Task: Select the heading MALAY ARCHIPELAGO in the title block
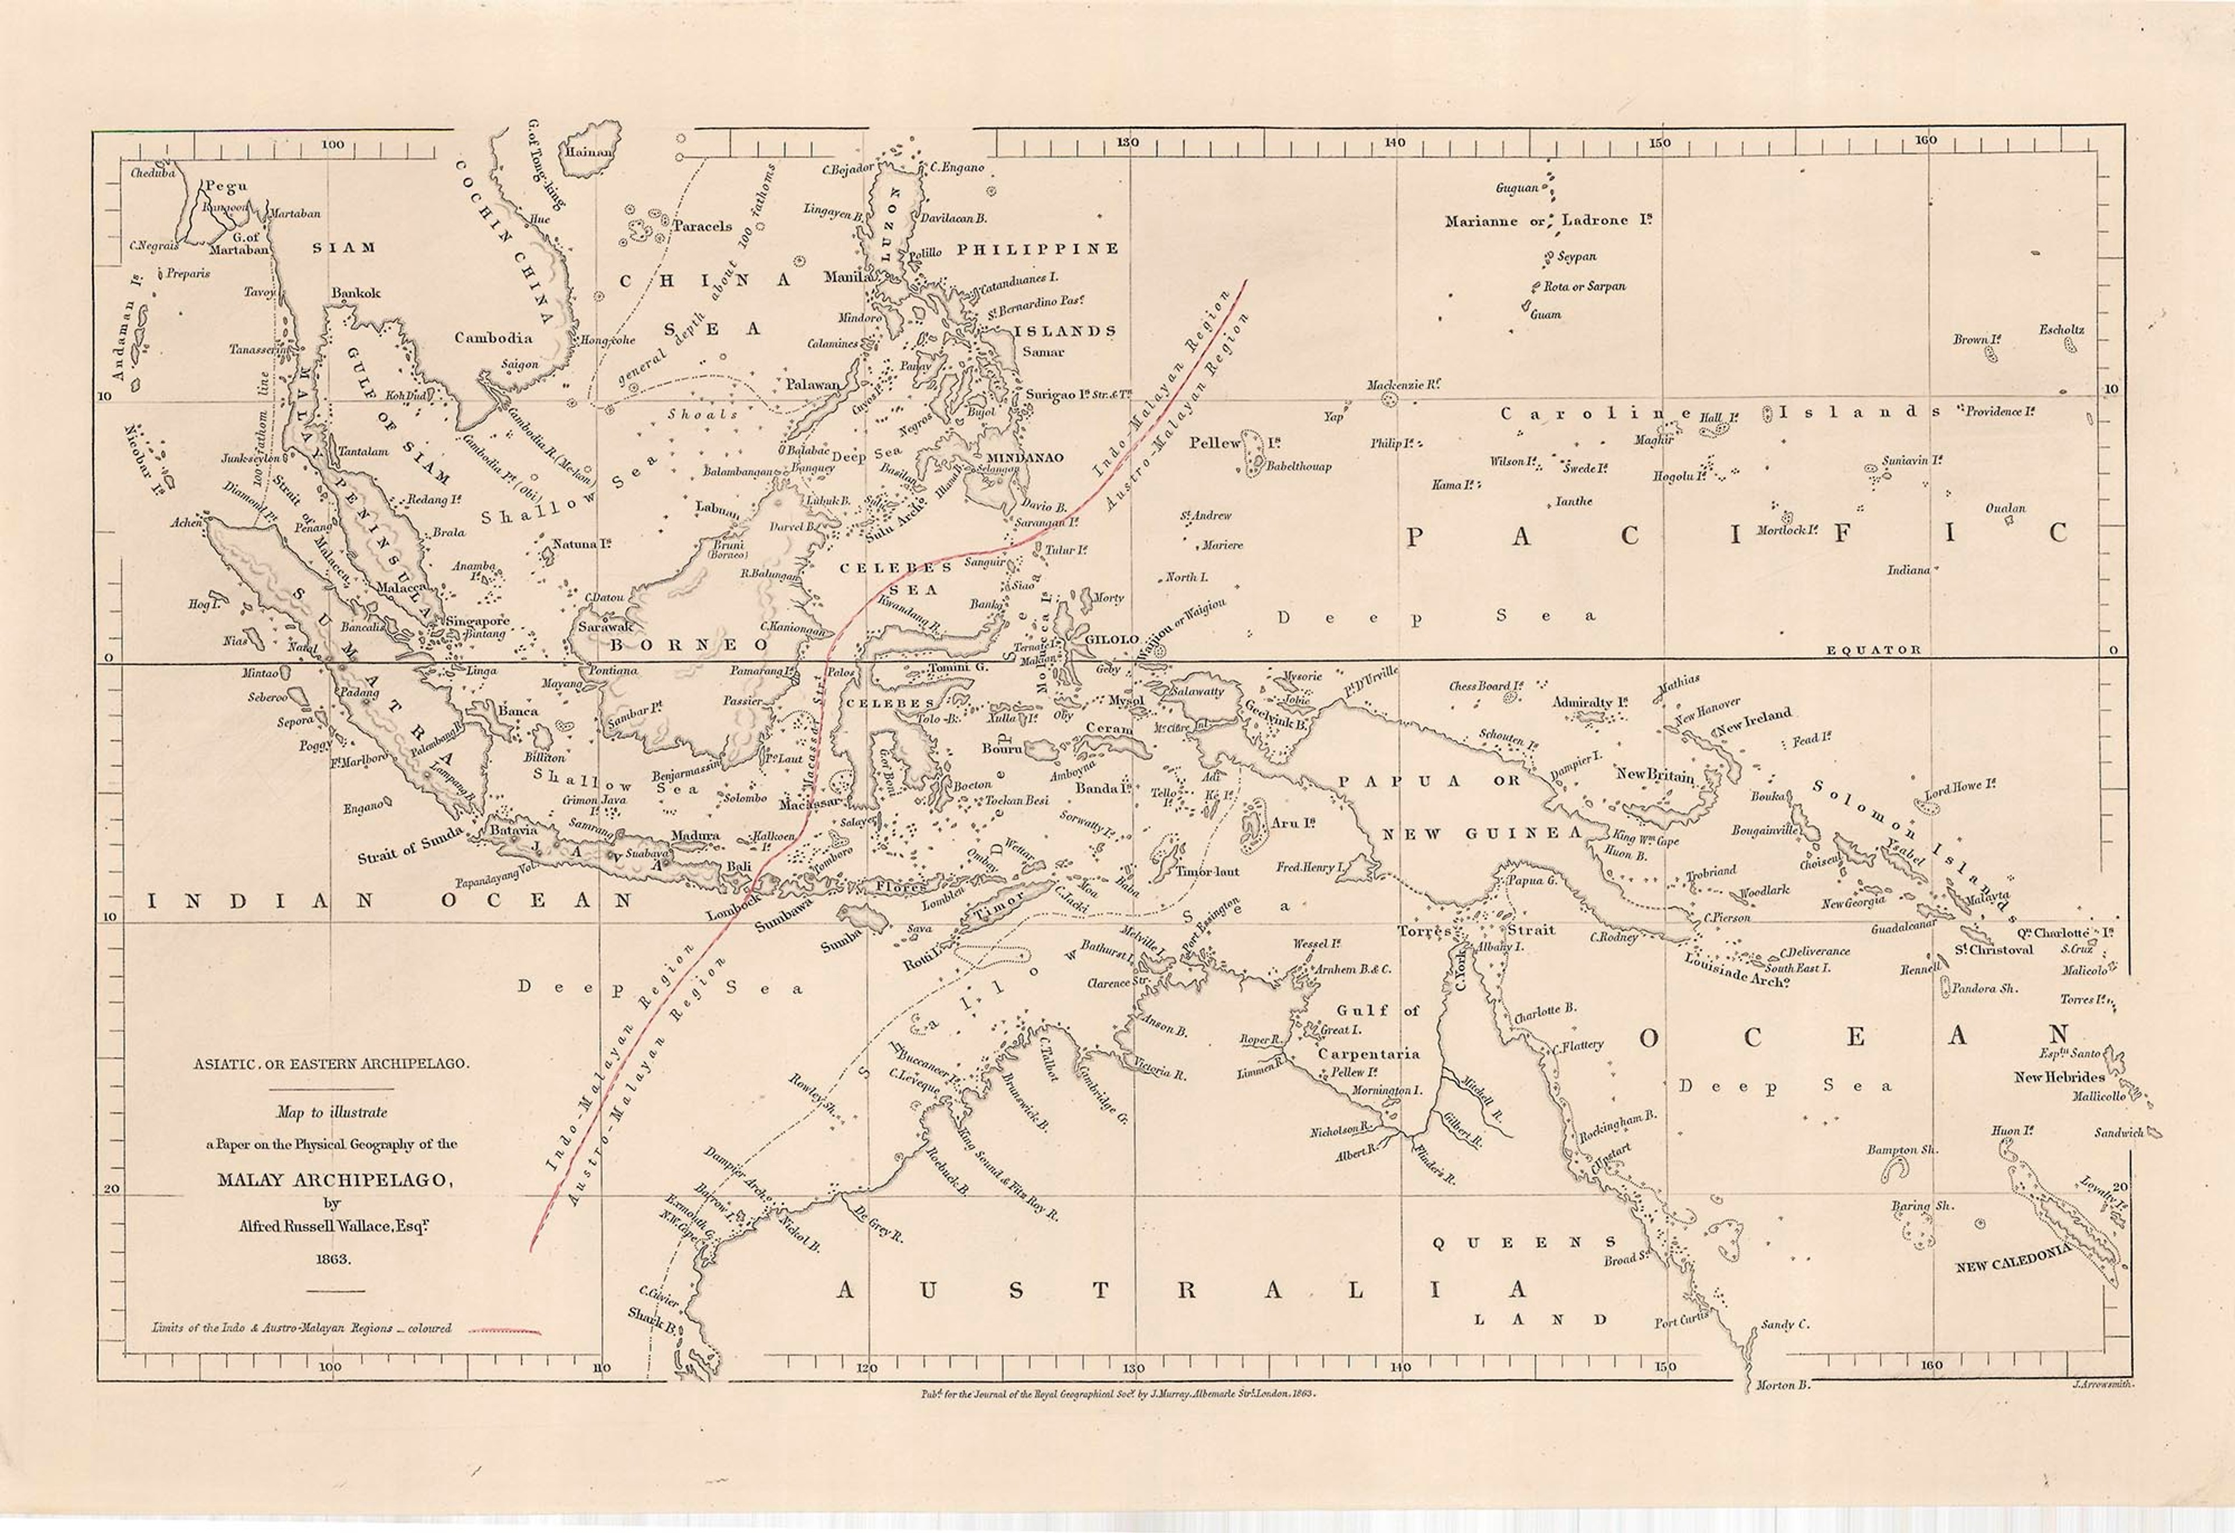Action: (331, 1181)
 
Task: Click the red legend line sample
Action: (505, 1332)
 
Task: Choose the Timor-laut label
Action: (1208, 871)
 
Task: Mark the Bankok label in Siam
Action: (356, 293)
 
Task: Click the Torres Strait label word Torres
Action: (1423, 931)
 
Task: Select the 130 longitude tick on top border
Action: (1127, 143)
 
